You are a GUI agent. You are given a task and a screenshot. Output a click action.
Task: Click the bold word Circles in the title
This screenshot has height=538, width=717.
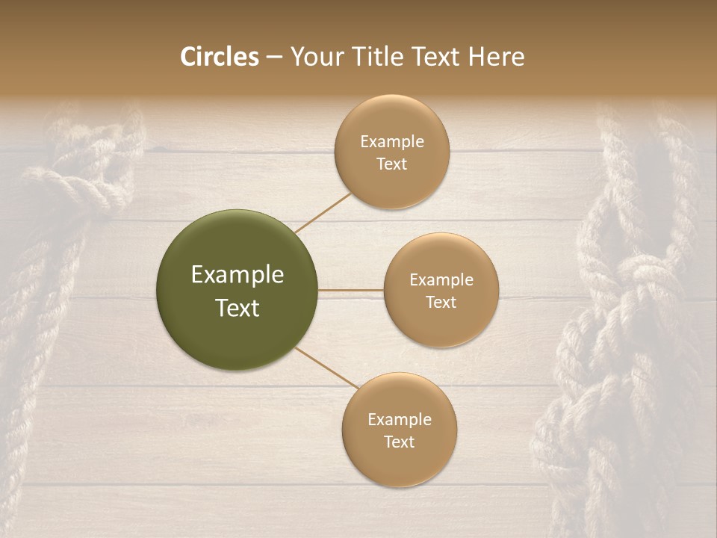click(x=219, y=57)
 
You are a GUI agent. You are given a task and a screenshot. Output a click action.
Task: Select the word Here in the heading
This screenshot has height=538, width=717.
click(x=496, y=57)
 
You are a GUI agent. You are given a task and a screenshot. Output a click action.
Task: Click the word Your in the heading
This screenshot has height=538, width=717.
click(x=314, y=58)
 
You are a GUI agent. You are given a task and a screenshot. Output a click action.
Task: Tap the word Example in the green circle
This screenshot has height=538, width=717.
click(x=238, y=275)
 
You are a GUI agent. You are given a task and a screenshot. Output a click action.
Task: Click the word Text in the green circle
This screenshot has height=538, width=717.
click(x=238, y=308)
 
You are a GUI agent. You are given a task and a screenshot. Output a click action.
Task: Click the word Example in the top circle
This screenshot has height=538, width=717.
click(x=391, y=142)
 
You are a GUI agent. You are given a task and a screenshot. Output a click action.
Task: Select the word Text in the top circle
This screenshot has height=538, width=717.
click(x=391, y=164)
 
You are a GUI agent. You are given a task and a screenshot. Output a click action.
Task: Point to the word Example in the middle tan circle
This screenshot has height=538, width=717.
click(x=441, y=280)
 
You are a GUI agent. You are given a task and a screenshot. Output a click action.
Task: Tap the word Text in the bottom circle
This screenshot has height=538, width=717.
click(x=399, y=442)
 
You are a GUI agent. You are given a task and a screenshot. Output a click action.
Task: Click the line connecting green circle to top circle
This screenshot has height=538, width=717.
click(x=323, y=213)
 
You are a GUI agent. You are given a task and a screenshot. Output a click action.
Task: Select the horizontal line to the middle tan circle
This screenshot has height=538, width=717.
click(x=351, y=290)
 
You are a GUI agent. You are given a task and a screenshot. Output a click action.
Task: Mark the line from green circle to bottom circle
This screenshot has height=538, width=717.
click(x=326, y=368)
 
